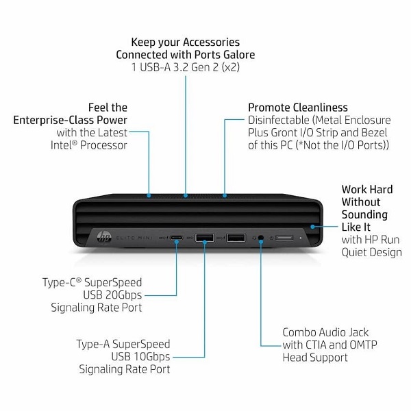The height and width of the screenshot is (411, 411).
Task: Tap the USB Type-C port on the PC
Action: tap(177, 238)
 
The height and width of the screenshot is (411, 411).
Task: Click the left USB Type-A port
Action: tap(204, 238)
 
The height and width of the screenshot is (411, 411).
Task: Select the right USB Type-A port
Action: tap(236, 238)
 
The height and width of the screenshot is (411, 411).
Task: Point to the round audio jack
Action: tap(261, 238)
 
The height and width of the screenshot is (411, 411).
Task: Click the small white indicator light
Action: tap(301, 238)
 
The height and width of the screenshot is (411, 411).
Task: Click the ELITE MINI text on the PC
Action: tap(134, 238)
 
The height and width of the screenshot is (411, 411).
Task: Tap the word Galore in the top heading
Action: tap(239, 55)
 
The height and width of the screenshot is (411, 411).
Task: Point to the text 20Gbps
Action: tap(123, 295)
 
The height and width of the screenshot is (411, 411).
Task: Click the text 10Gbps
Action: tap(152, 357)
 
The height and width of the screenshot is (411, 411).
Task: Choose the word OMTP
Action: tap(364, 345)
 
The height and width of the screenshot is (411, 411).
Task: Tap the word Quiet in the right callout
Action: tap(353, 252)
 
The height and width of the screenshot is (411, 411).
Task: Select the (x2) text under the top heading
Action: tap(231, 67)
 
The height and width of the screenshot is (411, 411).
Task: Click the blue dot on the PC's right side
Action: tap(312, 227)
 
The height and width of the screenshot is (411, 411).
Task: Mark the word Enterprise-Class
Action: tap(54, 120)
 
